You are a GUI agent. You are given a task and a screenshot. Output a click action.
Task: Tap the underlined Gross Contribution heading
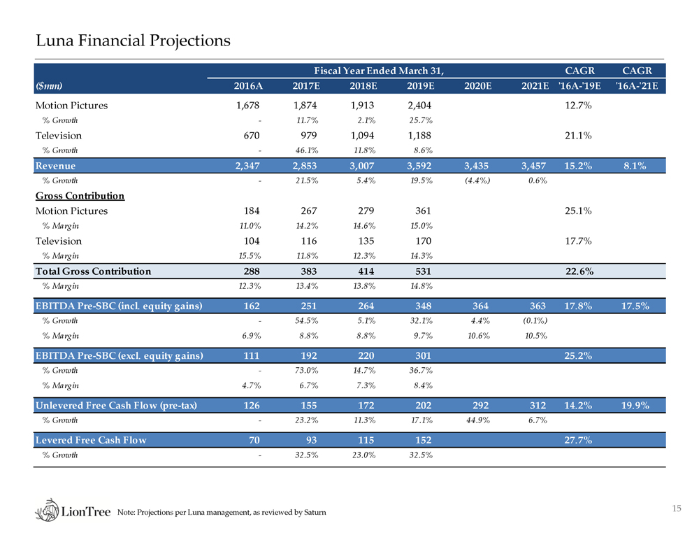[x=80, y=196]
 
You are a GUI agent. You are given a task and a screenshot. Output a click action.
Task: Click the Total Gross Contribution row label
[x=93, y=271]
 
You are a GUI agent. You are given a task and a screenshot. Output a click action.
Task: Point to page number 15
[x=676, y=509]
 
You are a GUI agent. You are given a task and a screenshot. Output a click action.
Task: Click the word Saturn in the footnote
[x=313, y=515]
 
